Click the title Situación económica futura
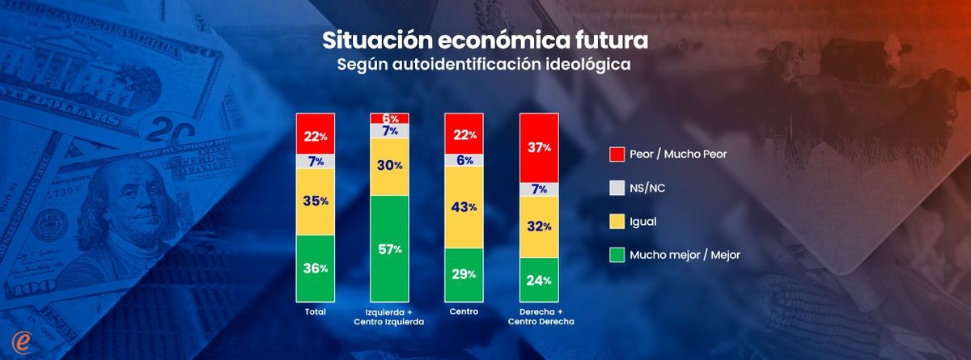(x=485, y=40)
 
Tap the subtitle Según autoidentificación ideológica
(x=484, y=64)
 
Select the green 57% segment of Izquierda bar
(x=390, y=248)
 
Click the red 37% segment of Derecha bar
(x=539, y=147)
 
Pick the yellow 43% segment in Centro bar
(x=464, y=207)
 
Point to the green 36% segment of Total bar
(x=316, y=268)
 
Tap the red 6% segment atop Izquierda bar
(x=390, y=118)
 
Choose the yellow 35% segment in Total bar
(x=316, y=201)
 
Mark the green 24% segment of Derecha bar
(x=539, y=280)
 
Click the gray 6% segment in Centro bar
(x=464, y=160)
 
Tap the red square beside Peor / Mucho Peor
(x=615, y=153)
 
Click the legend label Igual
(x=644, y=221)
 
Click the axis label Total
(x=316, y=311)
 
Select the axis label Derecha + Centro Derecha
(x=539, y=316)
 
